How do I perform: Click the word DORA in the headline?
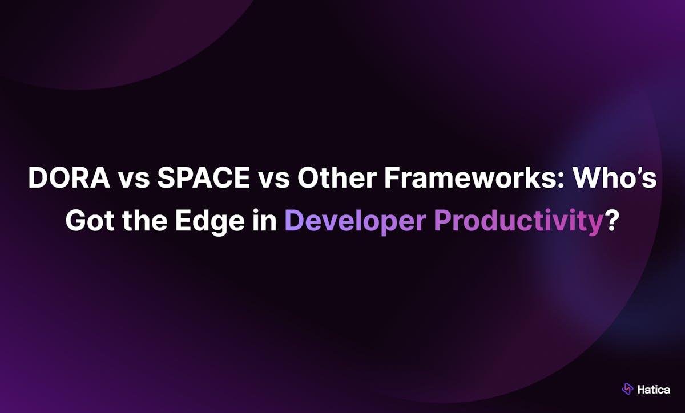tap(70, 177)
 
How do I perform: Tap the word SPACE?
tap(204, 177)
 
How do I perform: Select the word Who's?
tap(615, 177)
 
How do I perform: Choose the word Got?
tap(90, 220)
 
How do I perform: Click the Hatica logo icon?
tap(627, 389)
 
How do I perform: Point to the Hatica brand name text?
tap(654, 390)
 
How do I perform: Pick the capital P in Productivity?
tap(443, 220)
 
